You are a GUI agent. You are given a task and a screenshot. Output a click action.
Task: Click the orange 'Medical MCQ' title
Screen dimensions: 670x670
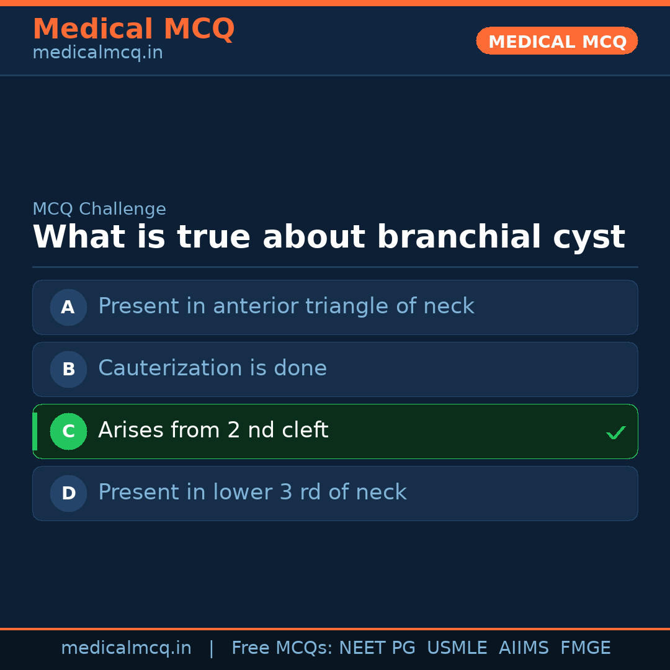(133, 30)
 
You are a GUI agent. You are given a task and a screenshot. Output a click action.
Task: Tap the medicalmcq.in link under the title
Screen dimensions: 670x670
(97, 53)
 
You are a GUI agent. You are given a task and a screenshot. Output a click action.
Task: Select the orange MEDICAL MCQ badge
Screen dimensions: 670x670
(557, 42)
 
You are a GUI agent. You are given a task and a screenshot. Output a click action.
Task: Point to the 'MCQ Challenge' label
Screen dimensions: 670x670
(99, 210)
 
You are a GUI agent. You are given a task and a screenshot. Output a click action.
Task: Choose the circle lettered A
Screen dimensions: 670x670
(68, 307)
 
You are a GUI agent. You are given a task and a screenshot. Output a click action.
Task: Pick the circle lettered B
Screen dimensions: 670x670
(68, 369)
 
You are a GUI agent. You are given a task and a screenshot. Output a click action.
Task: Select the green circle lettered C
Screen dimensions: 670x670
(68, 431)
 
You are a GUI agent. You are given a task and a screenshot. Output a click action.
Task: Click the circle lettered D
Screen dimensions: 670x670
(68, 493)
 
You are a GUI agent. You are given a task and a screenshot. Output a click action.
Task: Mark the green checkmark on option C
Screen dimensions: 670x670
(615, 432)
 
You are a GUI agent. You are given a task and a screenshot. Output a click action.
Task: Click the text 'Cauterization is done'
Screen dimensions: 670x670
(212, 368)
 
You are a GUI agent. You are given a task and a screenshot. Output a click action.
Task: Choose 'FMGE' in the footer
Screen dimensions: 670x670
(585, 648)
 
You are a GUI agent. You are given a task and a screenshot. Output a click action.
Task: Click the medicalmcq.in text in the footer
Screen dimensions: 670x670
(126, 648)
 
